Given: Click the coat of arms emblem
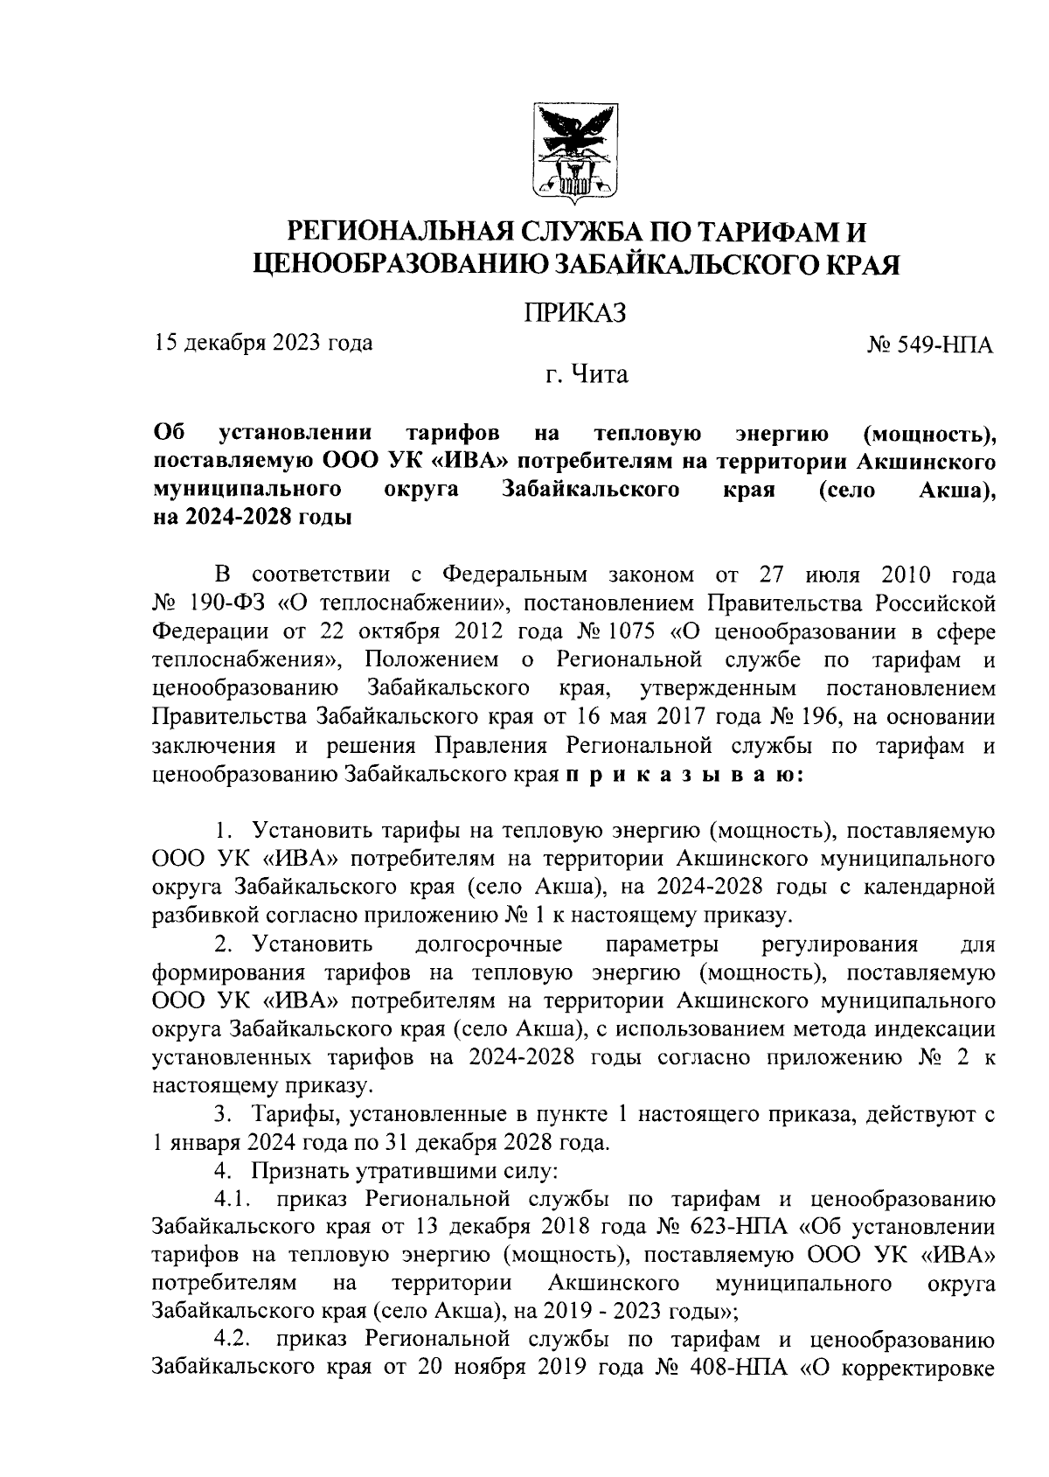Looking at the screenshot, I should (575, 151).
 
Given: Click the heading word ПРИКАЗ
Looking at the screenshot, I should (575, 312).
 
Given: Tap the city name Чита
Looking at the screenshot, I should (599, 375).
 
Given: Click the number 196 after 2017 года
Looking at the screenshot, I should (816, 717).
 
